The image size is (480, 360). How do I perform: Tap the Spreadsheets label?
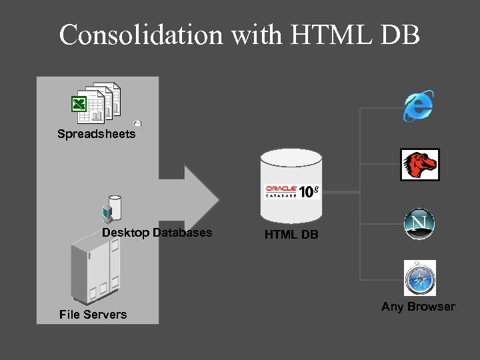(x=97, y=134)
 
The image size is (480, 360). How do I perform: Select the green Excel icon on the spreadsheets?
(x=79, y=104)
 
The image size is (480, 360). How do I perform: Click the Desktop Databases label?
(x=157, y=233)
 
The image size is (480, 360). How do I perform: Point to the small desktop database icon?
(x=111, y=209)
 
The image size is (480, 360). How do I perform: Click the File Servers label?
(x=93, y=314)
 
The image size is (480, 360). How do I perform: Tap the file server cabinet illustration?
(x=97, y=269)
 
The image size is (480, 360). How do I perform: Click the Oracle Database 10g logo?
(x=292, y=191)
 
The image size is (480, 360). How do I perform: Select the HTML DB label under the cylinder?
(x=291, y=235)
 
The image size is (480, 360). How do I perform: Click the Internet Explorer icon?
(x=418, y=106)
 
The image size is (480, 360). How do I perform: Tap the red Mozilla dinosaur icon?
(x=419, y=165)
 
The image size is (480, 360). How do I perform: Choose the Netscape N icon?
(x=419, y=224)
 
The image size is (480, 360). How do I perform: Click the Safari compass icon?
(x=419, y=278)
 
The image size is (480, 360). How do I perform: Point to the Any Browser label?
(x=418, y=307)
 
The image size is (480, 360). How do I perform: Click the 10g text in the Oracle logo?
(x=309, y=191)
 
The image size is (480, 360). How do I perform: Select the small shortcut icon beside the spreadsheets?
(x=137, y=123)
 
